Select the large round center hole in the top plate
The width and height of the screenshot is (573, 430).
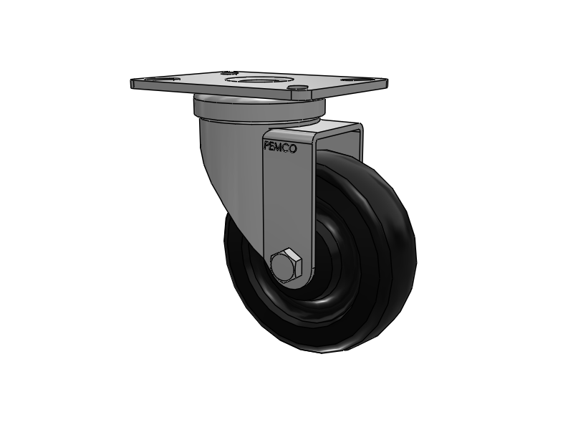tap(262, 80)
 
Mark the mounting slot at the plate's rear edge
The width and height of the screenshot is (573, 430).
tap(229, 72)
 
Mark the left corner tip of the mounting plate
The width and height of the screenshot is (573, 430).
tap(134, 83)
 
